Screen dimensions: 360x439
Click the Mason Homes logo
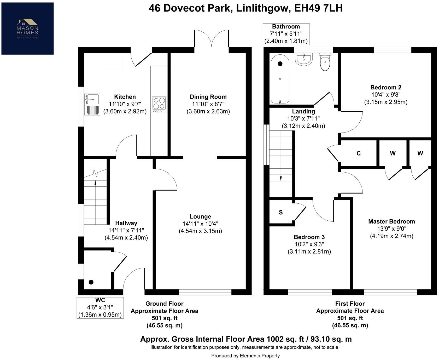[x=27, y=28]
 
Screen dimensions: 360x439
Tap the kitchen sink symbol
[x=92, y=105]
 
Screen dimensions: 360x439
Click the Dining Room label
[x=208, y=97]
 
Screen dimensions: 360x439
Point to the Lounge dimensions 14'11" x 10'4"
[x=200, y=224]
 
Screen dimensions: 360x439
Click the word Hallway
[x=126, y=223]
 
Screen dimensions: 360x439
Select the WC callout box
[x=100, y=307]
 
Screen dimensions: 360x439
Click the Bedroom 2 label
[x=386, y=88]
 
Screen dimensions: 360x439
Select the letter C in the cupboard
[x=359, y=153]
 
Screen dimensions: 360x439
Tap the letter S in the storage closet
[x=281, y=213]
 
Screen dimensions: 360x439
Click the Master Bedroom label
[x=391, y=222]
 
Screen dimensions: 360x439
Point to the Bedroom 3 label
[x=309, y=237]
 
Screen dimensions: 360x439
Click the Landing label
[x=303, y=111]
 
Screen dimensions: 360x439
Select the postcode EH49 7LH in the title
[x=318, y=8]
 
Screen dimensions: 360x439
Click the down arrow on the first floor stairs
[x=281, y=178]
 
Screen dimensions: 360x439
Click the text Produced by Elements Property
[x=245, y=356]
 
